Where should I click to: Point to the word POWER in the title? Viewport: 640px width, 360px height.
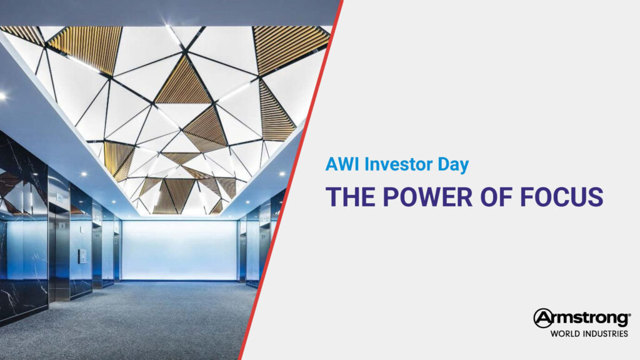pos(427,197)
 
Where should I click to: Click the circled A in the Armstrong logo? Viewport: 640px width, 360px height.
pos(543,318)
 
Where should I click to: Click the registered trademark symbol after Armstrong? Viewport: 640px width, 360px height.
pos(630,315)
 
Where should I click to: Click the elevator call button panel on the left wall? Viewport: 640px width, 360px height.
pos(82,256)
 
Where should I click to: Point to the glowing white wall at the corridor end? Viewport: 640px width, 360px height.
pos(179,250)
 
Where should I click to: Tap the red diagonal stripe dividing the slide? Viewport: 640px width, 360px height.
pos(290,180)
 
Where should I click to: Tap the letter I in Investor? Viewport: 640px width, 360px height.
pos(366,164)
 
